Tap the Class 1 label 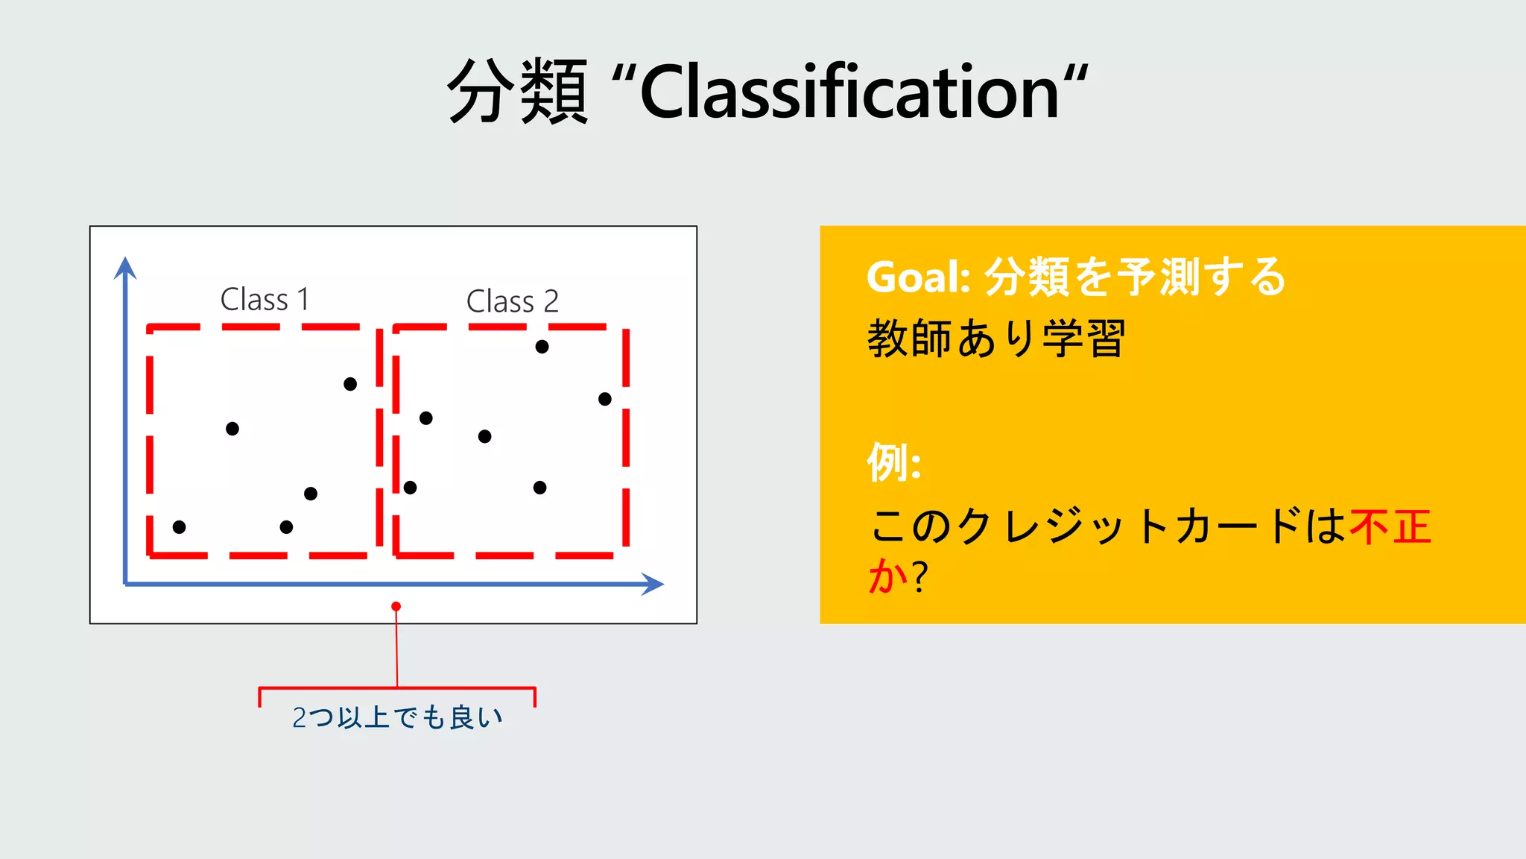click(265, 300)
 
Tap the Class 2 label click(512, 302)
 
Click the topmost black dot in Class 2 click(542, 347)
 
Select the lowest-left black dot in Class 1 click(179, 527)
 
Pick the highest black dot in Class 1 click(350, 384)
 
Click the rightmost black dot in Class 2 click(605, 399)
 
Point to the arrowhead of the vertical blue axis click(125, 267)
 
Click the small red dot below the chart click(396, 606)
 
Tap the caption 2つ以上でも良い click(397, 717)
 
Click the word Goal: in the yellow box click(918, 277)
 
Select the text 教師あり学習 click(995, 339)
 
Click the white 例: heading click(894, 462)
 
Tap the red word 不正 click(1390, 527)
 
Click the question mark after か click(920, 576)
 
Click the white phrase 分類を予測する click(1136, 277)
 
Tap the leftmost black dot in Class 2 click(410, 488)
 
